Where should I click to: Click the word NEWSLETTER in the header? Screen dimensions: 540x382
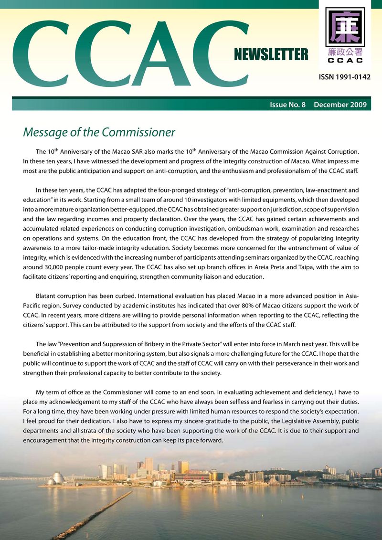coord(271,55)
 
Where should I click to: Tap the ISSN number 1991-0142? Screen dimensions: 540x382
coord(344,77)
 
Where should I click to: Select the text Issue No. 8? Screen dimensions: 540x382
coord(287,105)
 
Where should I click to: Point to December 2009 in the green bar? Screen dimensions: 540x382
coord(340,105)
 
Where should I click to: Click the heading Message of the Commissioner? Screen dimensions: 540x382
coord(99,132)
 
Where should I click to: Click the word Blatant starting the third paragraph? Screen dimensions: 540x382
coord(47,296)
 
